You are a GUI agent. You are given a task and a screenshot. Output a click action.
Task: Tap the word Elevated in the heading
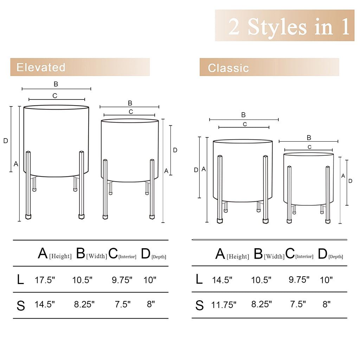pyautogui.click(x=41, y=67)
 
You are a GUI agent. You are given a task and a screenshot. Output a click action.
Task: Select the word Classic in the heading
pyautogui.click(x=228, y=68)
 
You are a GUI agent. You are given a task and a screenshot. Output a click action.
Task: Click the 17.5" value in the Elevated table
pyautogui.click(x=45, y=280)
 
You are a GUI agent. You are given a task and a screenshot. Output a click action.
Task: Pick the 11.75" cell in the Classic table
pyautogui.click(x=224, y=305)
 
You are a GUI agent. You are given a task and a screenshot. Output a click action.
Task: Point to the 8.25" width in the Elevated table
pyautogui.click(x=84, y=304)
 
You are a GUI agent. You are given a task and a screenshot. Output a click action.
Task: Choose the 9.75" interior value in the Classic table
pyautogui.click(x=299, y=279)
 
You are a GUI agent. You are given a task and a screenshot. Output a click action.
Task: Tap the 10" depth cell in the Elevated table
pyautogui.click(x=150, y=280)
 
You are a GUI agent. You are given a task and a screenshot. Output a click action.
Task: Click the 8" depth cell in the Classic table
pyautogui.click(x=326, y=304)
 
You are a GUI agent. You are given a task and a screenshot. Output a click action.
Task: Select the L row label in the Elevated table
pyautogui.click(x=20, y=280)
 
